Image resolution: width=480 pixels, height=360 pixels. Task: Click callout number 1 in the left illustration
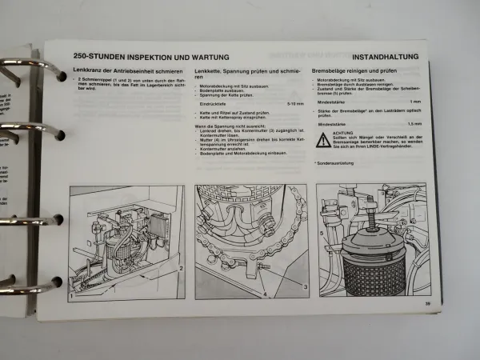tap(72, 295)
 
